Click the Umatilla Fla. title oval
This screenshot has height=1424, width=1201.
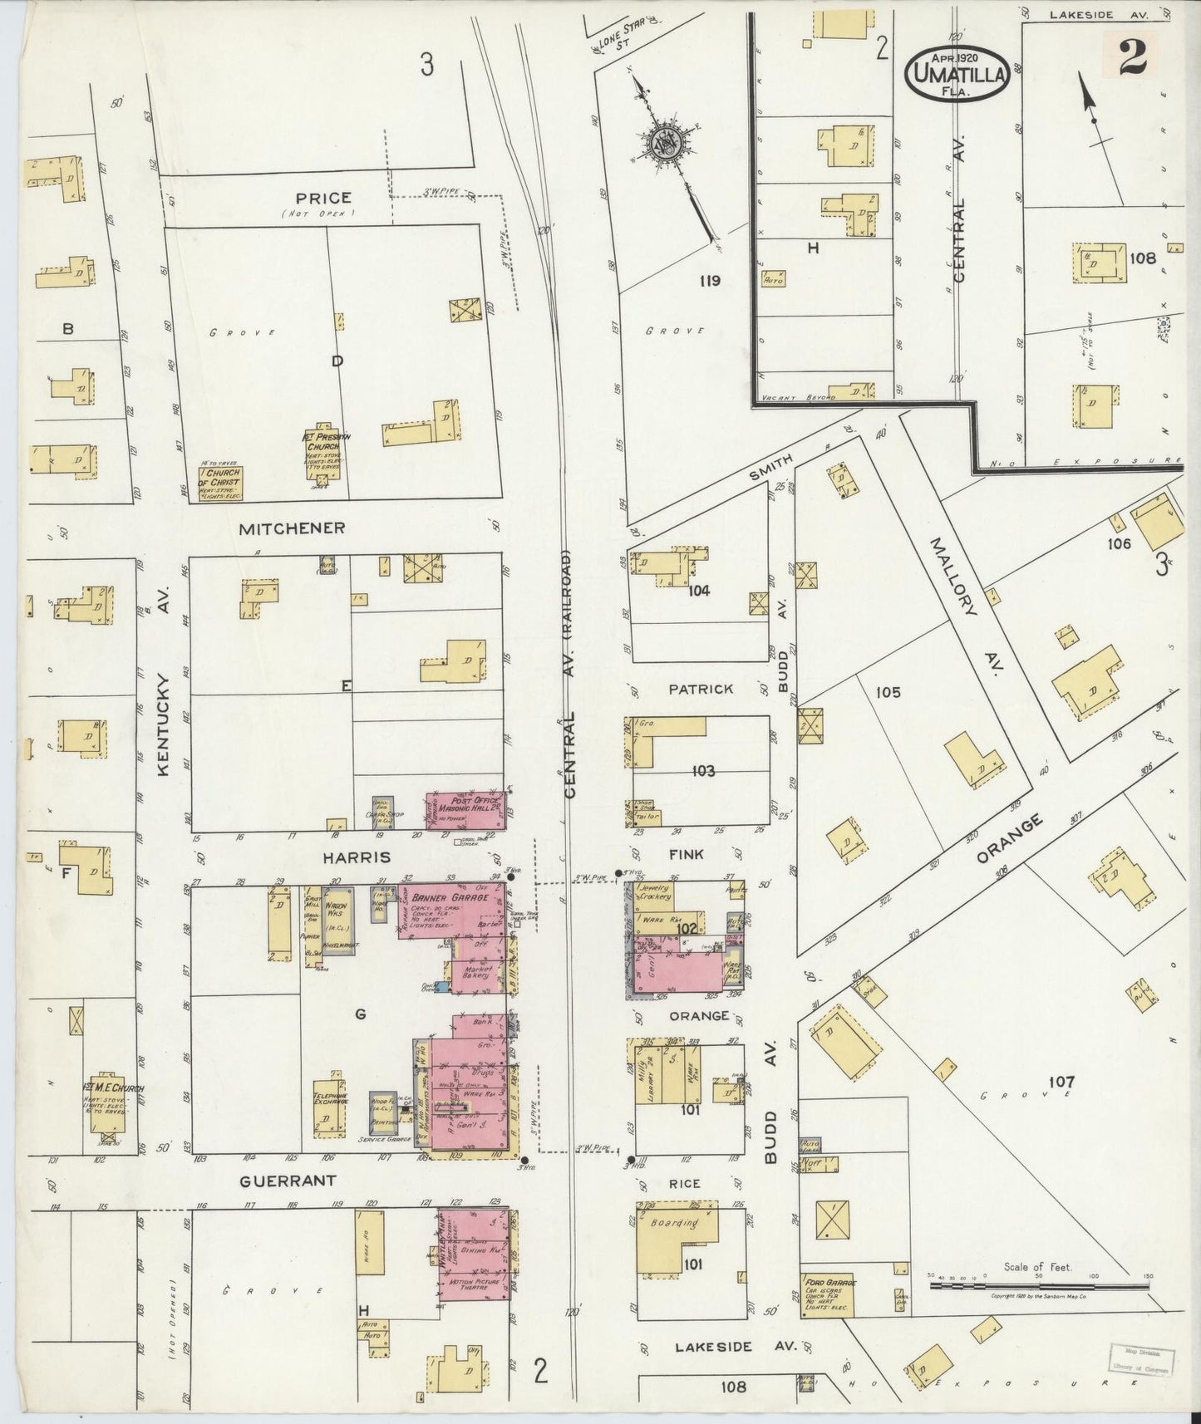click(x=959, y=71)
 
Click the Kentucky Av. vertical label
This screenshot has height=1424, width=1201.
click(x=163, y=725)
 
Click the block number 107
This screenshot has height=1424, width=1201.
click(x=1061, y=1082)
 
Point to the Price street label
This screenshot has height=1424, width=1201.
click(x=323, y=198)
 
